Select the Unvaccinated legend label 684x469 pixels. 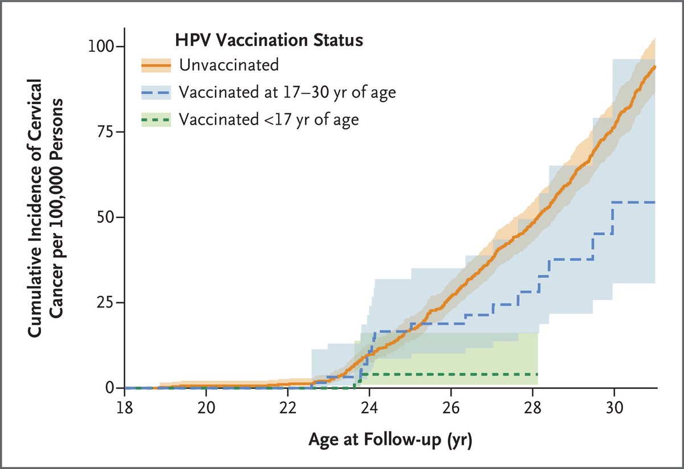pos(229,65)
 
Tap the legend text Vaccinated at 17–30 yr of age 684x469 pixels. pos(287,92)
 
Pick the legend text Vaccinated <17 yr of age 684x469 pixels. pos(268,119)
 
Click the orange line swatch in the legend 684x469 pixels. pos(156,65)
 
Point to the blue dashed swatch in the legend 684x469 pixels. pos(156,92)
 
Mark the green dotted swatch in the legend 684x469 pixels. pos(156,120)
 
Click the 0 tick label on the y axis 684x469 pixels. pos(109,388)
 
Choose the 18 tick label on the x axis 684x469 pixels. pos(125,409)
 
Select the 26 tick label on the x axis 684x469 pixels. pos(451,409)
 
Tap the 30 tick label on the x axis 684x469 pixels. pos(614,409)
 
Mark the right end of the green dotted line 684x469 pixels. pos(537,374)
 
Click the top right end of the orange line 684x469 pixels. pos(655,67)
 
